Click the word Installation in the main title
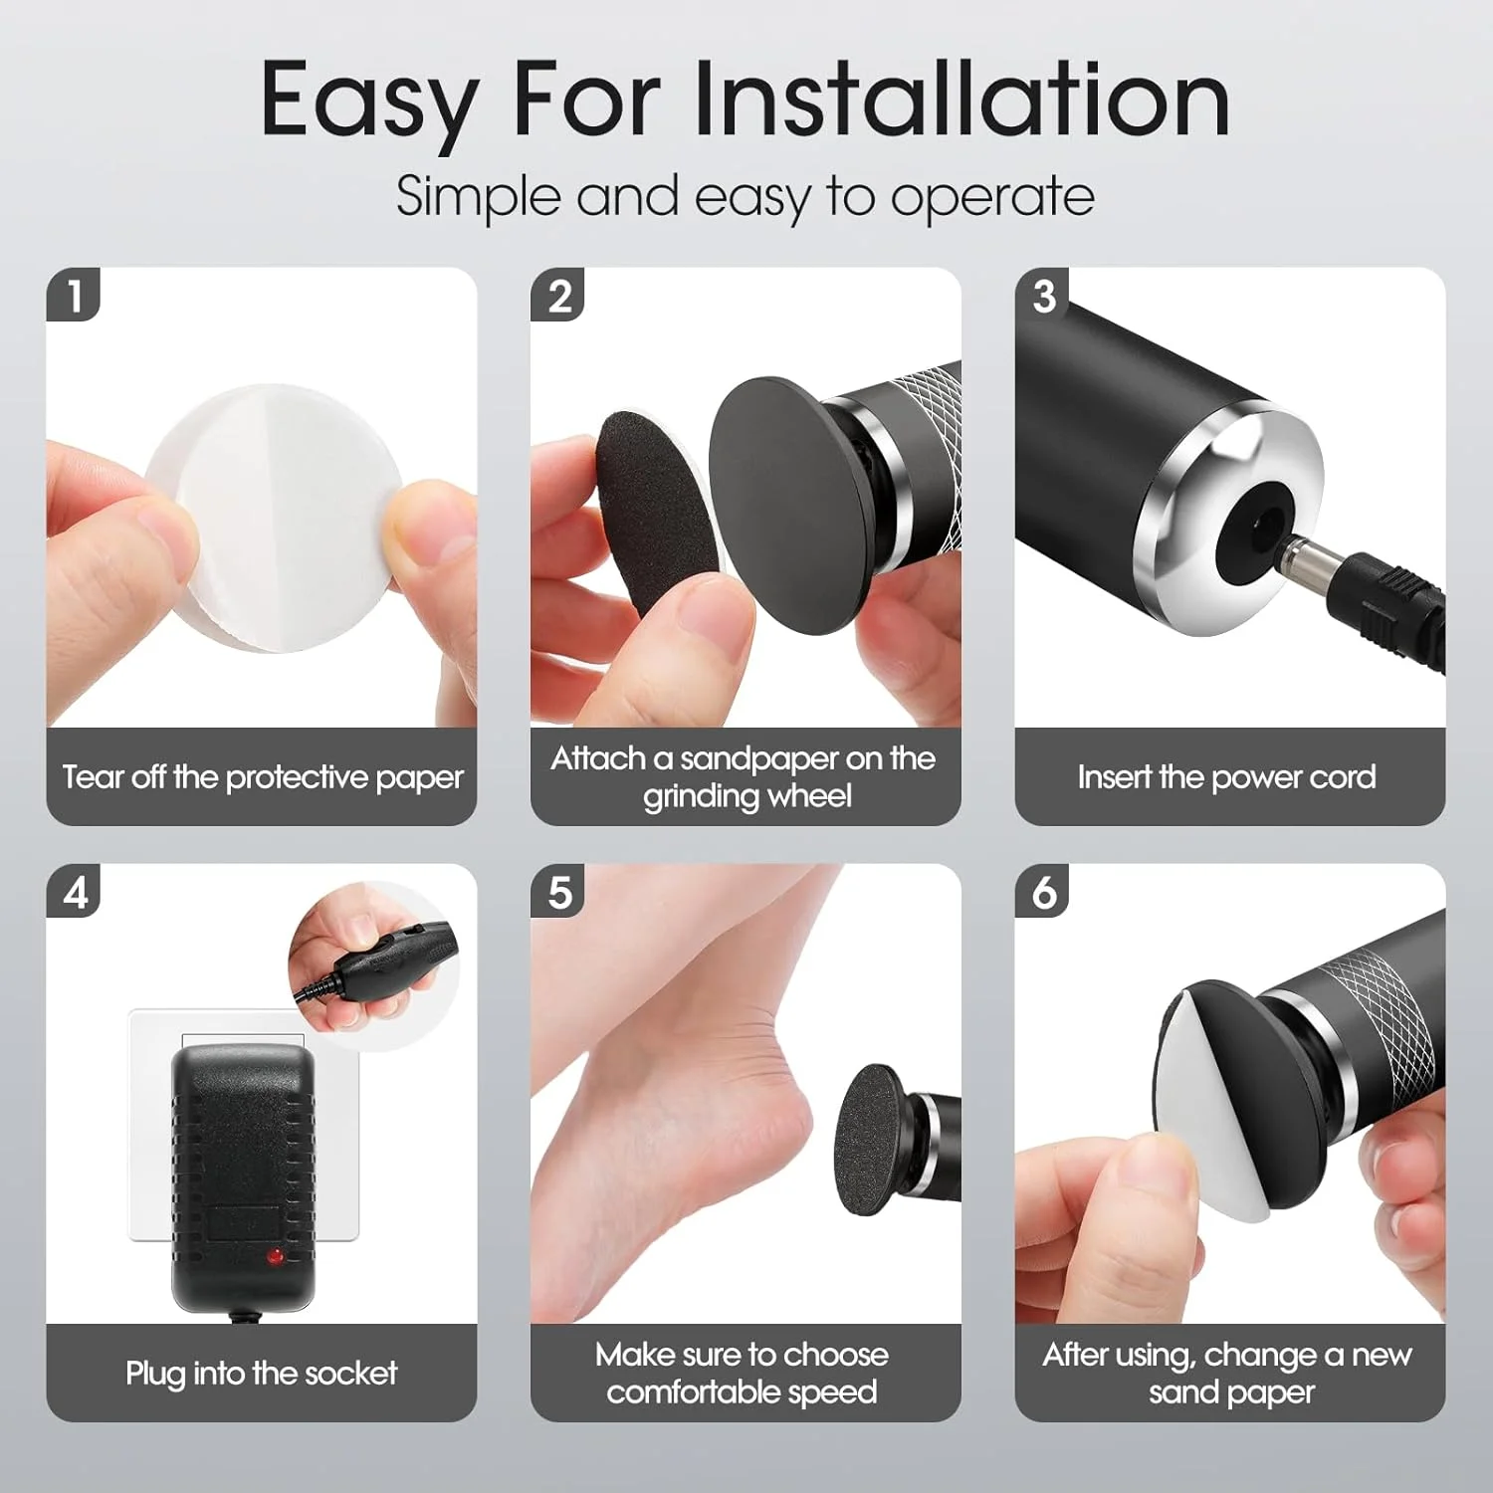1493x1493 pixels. click(962, 99)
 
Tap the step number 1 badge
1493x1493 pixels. click(74, 296)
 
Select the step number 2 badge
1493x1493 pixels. click(558, 296)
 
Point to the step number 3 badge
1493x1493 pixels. click(1043, 296)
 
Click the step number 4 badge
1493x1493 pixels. click(74, 892)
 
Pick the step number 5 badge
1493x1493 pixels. click(558, 892)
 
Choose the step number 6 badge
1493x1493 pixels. click(1043, 892)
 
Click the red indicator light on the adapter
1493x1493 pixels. click(274, 1257)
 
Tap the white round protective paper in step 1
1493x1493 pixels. click(274, 518)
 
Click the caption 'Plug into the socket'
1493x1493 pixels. click(261, 1374)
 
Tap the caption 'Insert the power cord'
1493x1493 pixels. click(1226, 776)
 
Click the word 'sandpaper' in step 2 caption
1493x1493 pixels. click(758, 758)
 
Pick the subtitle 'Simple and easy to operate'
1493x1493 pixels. click(746, 196)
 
